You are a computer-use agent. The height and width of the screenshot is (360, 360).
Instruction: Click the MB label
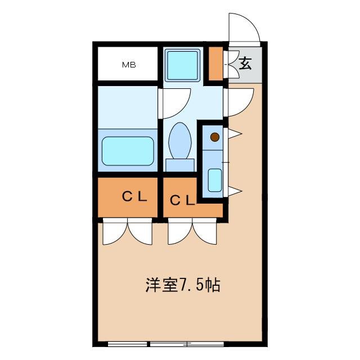click(x=129, y=65)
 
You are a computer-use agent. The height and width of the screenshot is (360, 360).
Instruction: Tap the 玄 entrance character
click(x=245, y=63)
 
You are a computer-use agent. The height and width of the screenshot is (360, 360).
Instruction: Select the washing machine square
click(x=183, y=65)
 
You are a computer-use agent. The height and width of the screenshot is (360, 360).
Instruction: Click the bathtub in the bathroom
click(x=128, y=151)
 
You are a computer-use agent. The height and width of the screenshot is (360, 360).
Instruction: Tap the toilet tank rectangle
click(x=180, y=164)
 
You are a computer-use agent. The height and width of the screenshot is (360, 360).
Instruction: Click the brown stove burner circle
click(x=214, y=136)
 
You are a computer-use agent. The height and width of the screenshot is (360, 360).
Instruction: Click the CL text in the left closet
click(x=135, y=197)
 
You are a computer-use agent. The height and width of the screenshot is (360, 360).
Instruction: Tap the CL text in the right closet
click(x=182, y=200)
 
